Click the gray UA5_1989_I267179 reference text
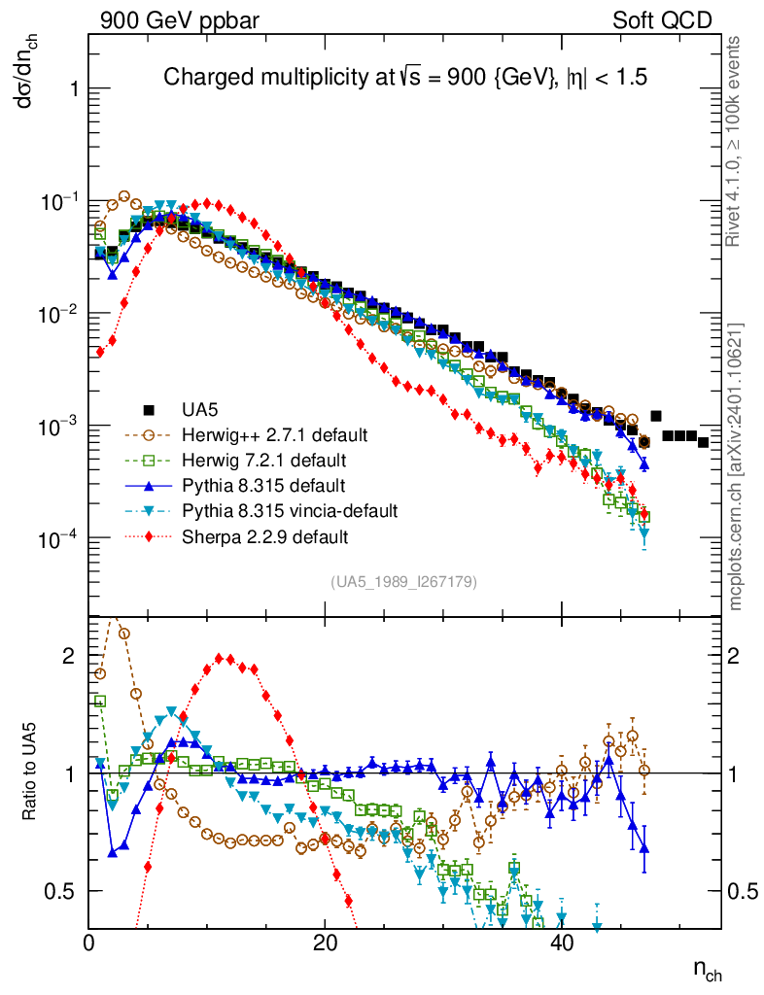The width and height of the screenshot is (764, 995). coord(403,582)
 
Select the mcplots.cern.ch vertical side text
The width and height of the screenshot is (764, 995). coord(736,466)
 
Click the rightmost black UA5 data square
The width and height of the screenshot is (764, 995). coord(703,442)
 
